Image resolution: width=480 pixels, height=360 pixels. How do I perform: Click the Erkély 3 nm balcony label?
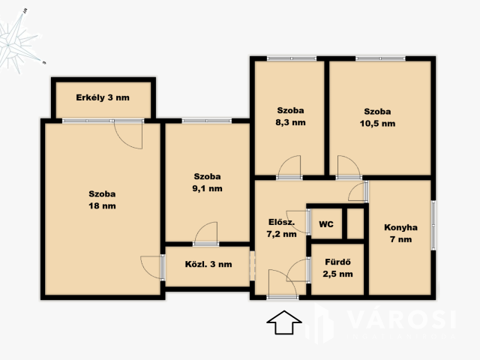pos(103,97)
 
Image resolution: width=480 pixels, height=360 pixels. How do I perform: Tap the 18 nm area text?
pos(102,205)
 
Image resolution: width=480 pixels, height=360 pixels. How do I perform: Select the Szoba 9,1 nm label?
pos(207,182)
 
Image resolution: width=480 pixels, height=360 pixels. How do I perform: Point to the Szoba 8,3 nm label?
pos(290,116)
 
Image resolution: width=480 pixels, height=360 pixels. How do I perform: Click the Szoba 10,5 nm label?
pos(377,118)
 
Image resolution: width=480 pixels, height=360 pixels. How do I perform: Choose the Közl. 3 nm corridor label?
pos(208,264)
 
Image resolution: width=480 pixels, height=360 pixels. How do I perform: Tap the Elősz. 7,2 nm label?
pos(282,228)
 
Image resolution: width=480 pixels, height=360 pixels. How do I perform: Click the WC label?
pos(326,224)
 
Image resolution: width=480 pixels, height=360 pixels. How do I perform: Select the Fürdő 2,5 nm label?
pos(337,268)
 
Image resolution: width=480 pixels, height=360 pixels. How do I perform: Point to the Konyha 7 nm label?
pos(400,233)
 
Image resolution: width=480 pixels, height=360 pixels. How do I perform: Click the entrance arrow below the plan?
pos(284,322)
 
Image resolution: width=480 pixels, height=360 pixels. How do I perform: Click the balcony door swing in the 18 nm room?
pos(128,135)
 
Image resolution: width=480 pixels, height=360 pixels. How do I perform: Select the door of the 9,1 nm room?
pos(206,233)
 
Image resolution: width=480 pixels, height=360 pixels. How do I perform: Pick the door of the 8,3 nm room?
pos(289,167)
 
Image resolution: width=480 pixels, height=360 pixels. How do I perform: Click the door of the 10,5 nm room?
pos(349,167)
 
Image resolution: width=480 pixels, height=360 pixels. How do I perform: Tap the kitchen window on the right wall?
pos(433,225)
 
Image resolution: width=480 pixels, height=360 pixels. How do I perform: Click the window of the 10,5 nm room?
pos(380,58)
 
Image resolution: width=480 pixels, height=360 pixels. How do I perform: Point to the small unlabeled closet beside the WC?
pos(355,223)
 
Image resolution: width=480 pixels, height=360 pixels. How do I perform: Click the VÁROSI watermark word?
pos(402,319)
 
